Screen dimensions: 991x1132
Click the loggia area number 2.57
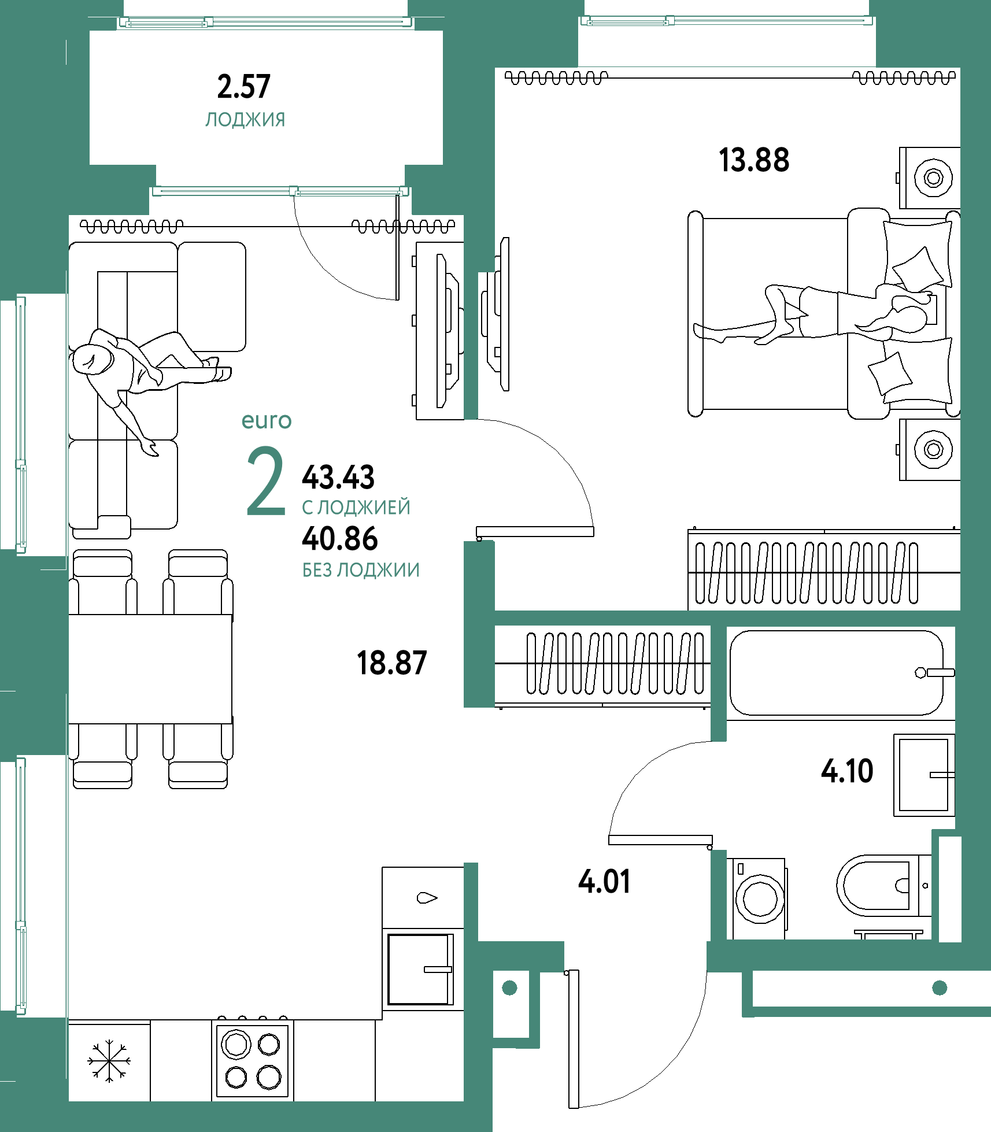pyautogui.click(x=243, y=87)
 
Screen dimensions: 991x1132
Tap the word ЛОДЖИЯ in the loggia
pyautogui.click(x=245, y=120)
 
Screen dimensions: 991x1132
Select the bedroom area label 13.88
pyautogui.click(x=754, y=160)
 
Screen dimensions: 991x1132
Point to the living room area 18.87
pyautogui.click(x=392, y=663)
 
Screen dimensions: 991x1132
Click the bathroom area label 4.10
pyautogui.click(x=847, y=771)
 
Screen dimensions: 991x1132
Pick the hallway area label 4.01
pyautogui.click(x=604, y=882)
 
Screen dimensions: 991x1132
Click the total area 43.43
pyautogui.click(x=338, y=477)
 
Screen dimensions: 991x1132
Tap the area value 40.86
pyautogui.click(x=340, y=538)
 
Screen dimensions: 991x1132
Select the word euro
pyautogui.click(x=267, y=421)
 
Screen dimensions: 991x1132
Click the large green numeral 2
pyautogui.click(x=266, y=481)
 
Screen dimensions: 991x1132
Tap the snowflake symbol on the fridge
pyautogui.click(x=109, y=1060)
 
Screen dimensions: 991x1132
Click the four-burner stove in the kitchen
pyautogui.click(x=252, y=1060)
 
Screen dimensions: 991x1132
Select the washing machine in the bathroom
pyautogui.click(x=759, y=898)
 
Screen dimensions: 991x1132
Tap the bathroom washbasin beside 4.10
pyautogui.click(x=924, y=775)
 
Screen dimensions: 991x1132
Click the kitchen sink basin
pyautogui.click(x=420, y=970)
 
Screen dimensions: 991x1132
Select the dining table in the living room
pyautogui.click(x=150, y=669)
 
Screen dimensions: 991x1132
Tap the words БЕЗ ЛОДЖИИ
pyautogui.click(x=361, y=570)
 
